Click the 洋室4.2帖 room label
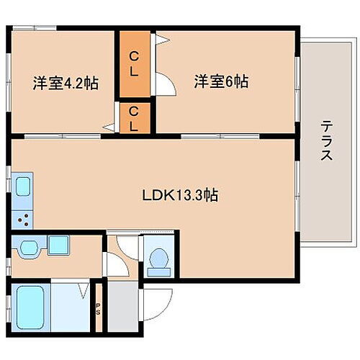tap(65, 83)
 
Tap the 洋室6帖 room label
tap(221, 82)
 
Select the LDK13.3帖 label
tap(180, 194)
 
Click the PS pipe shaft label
tap(98, 311)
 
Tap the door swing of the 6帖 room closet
tap(164, 82)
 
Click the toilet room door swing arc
tap(125, 248)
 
